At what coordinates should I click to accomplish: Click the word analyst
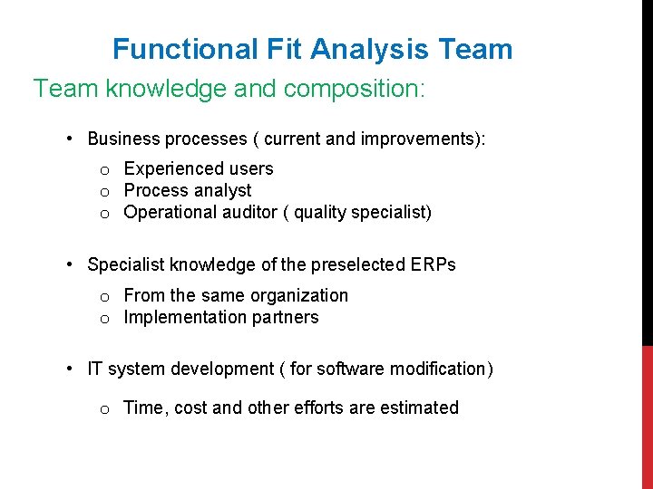[221, 190]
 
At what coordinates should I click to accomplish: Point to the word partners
[286, 317]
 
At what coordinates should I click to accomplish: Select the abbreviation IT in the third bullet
[95, 369]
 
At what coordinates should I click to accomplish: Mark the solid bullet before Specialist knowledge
[70, 264]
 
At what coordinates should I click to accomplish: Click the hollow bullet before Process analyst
[105, 191]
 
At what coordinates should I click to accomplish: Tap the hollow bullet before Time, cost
[105, 409]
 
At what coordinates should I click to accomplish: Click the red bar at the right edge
[647, 417]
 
